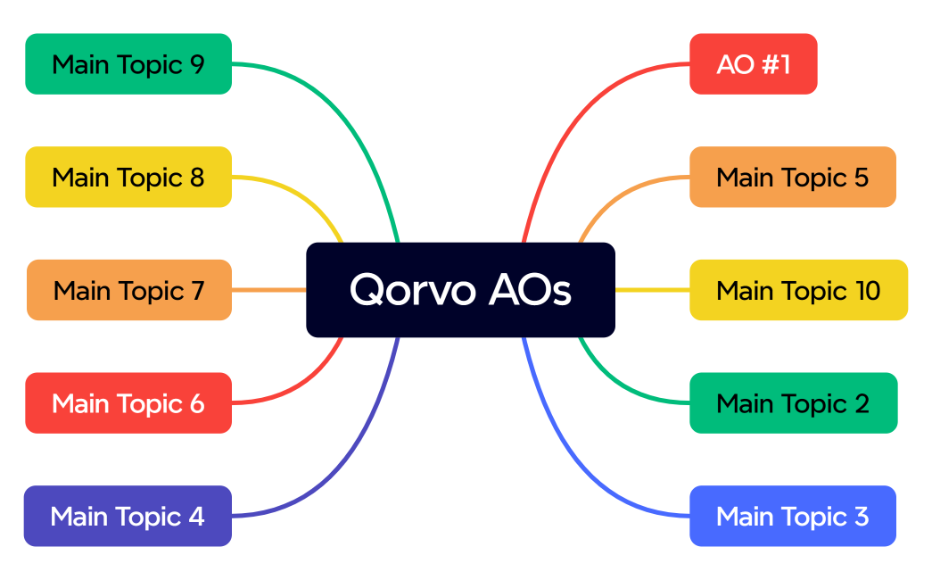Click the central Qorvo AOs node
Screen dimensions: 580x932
[x=460, y=290]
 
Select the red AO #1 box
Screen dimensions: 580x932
[x=753, y=64]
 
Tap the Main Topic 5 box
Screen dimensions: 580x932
[x=792, y=177]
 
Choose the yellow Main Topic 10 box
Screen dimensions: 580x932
[x=798, y=290]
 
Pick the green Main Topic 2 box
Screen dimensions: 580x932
[x=793, y=403]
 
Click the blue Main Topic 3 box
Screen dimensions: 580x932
[x=792, y=516]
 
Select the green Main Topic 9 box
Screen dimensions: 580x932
[x=128, y=64]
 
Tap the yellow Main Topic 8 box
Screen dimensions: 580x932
[x=128, y=177]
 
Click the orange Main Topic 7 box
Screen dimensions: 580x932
[x=128, y=290]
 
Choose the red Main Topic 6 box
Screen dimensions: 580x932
[x=128, y=403]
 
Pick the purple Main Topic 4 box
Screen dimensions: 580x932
[x=128, y=516]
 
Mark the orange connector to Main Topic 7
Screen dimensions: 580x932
[x=268, y=290]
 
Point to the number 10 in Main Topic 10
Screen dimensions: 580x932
[x=866, y=291]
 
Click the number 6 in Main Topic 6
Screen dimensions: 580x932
[x=196, y=403]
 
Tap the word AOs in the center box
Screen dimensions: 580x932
[x=530, y=290]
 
